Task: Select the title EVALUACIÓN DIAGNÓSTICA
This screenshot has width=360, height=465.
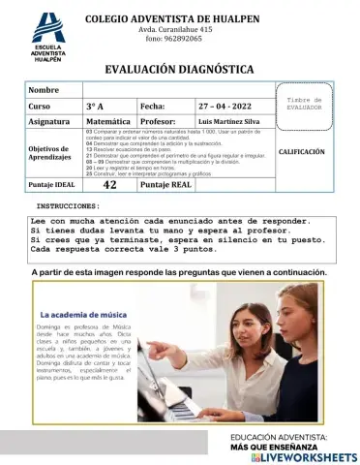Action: click(x=179, y=69)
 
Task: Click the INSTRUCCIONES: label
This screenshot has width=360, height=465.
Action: click(x=68, y=207)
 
